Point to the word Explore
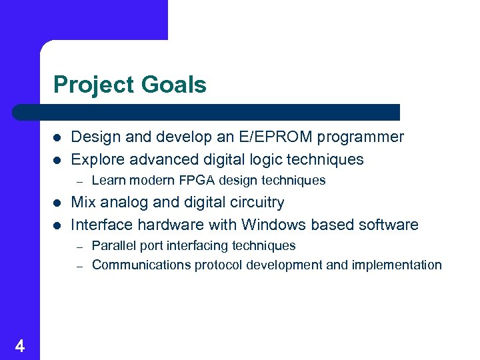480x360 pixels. [x=95, y=159]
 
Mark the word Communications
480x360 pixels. [x=141, y=265]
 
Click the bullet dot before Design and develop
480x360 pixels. [x=57, y=138]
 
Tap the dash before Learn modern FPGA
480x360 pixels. [x=78, y=181]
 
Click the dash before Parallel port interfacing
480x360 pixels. [x=78, y=246]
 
